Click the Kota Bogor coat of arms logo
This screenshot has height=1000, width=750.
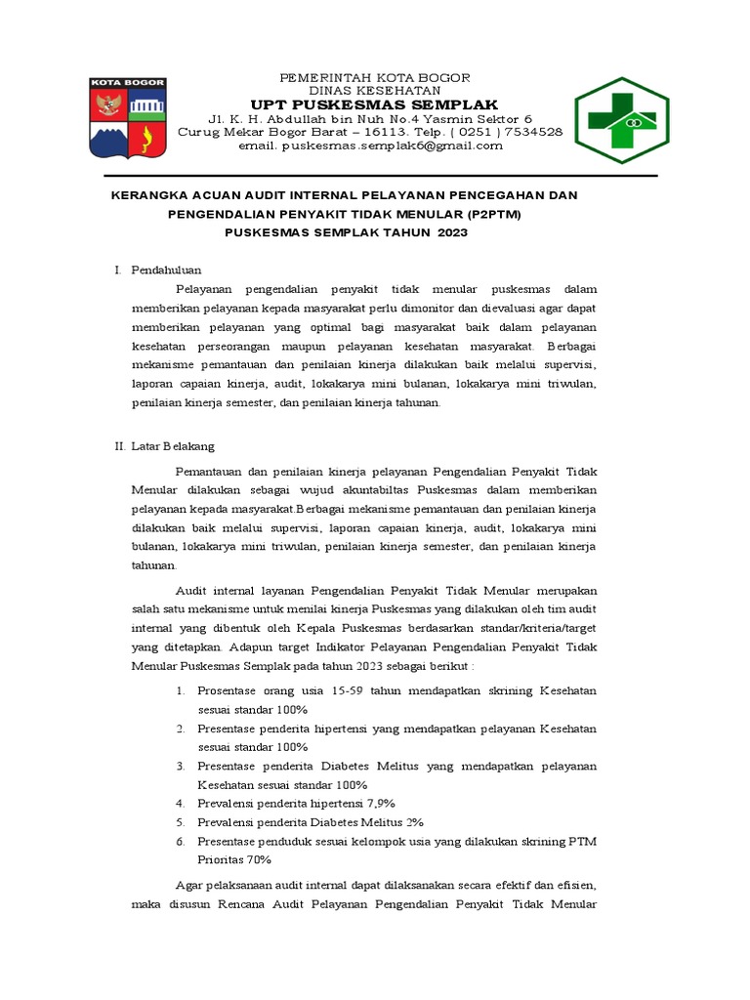click(x=129, y=118)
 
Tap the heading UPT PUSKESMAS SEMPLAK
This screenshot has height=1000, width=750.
click(x=374, y=105)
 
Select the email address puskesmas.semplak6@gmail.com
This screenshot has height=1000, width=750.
click(x=371, y=146)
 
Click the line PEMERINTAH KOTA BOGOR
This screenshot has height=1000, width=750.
click(x=375, y=77)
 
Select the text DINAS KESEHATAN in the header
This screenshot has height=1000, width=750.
click(x=375, y=91)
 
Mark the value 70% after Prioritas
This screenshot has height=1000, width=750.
click(x=258, y=860)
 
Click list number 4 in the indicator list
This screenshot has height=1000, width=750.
click(x=181, y=804)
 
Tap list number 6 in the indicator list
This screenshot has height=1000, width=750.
click(x=181, y=841)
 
